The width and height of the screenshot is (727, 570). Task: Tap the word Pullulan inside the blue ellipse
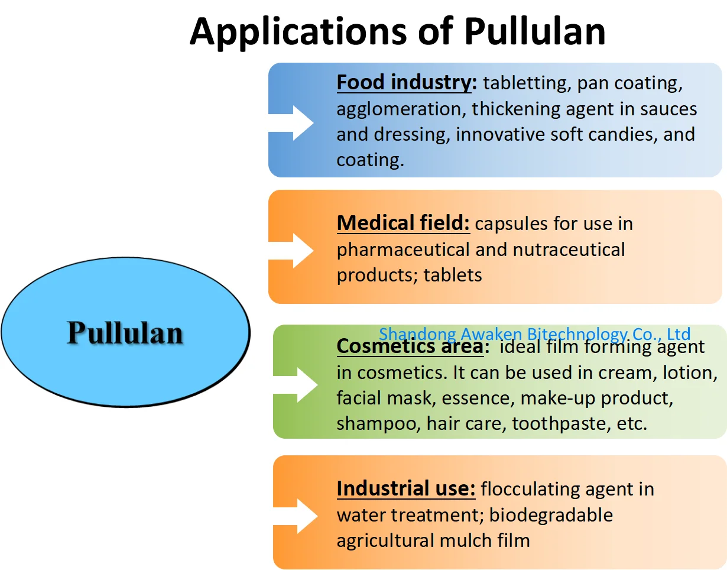[x=125, y=333]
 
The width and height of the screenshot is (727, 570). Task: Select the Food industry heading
[x=406, y=83]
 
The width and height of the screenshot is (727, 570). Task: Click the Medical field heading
[x=403, y=224]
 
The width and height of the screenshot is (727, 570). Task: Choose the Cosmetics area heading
[x=410, y=346]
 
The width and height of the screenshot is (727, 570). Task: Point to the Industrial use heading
[x=405, y=489]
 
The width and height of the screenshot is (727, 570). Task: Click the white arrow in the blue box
[x=292, y=122]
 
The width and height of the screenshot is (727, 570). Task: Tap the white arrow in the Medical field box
[x=292, y=250]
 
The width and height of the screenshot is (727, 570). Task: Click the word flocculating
[x=522, y=489]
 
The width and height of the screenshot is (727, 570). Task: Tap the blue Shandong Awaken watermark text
[x=534, y=334]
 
